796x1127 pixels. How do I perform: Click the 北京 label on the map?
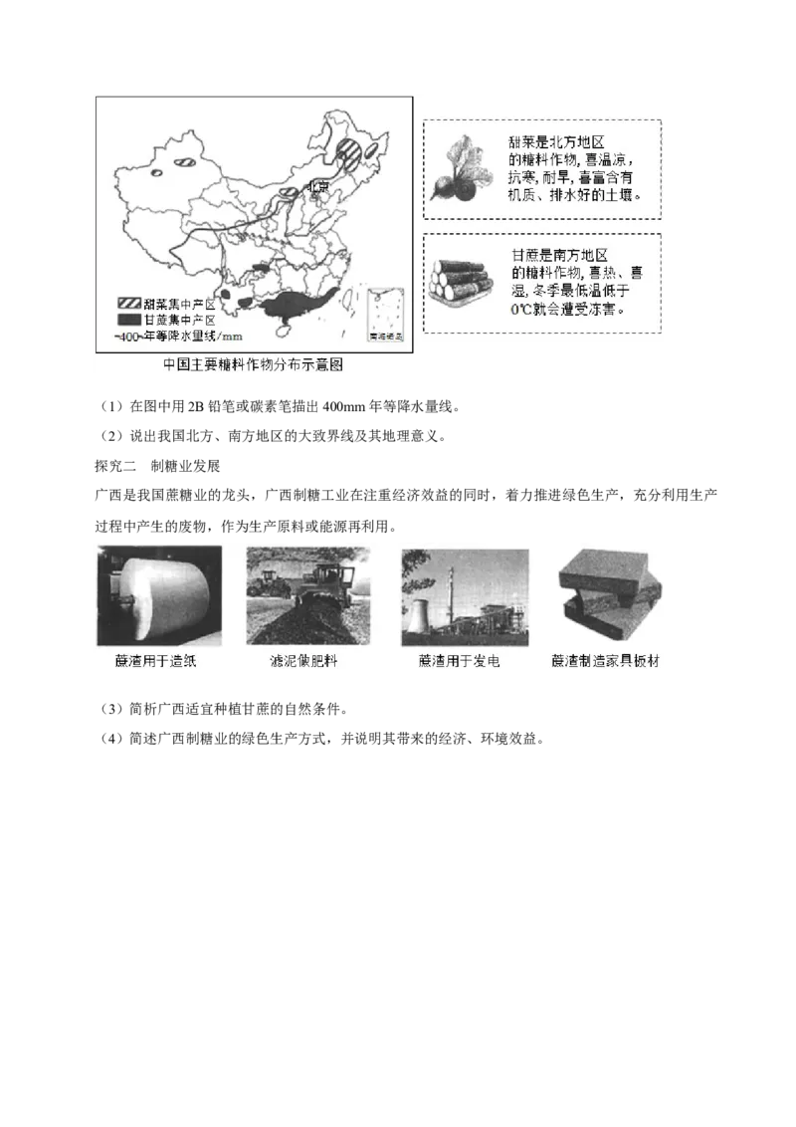click(x=316, y=185)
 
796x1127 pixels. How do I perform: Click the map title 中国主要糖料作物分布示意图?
click(x=253, y=364)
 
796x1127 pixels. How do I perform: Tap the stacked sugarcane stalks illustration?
click(x=460, y=281)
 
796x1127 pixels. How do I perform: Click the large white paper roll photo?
click(x=161, y=595)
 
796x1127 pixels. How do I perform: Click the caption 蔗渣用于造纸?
click(x=155, y=661)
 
